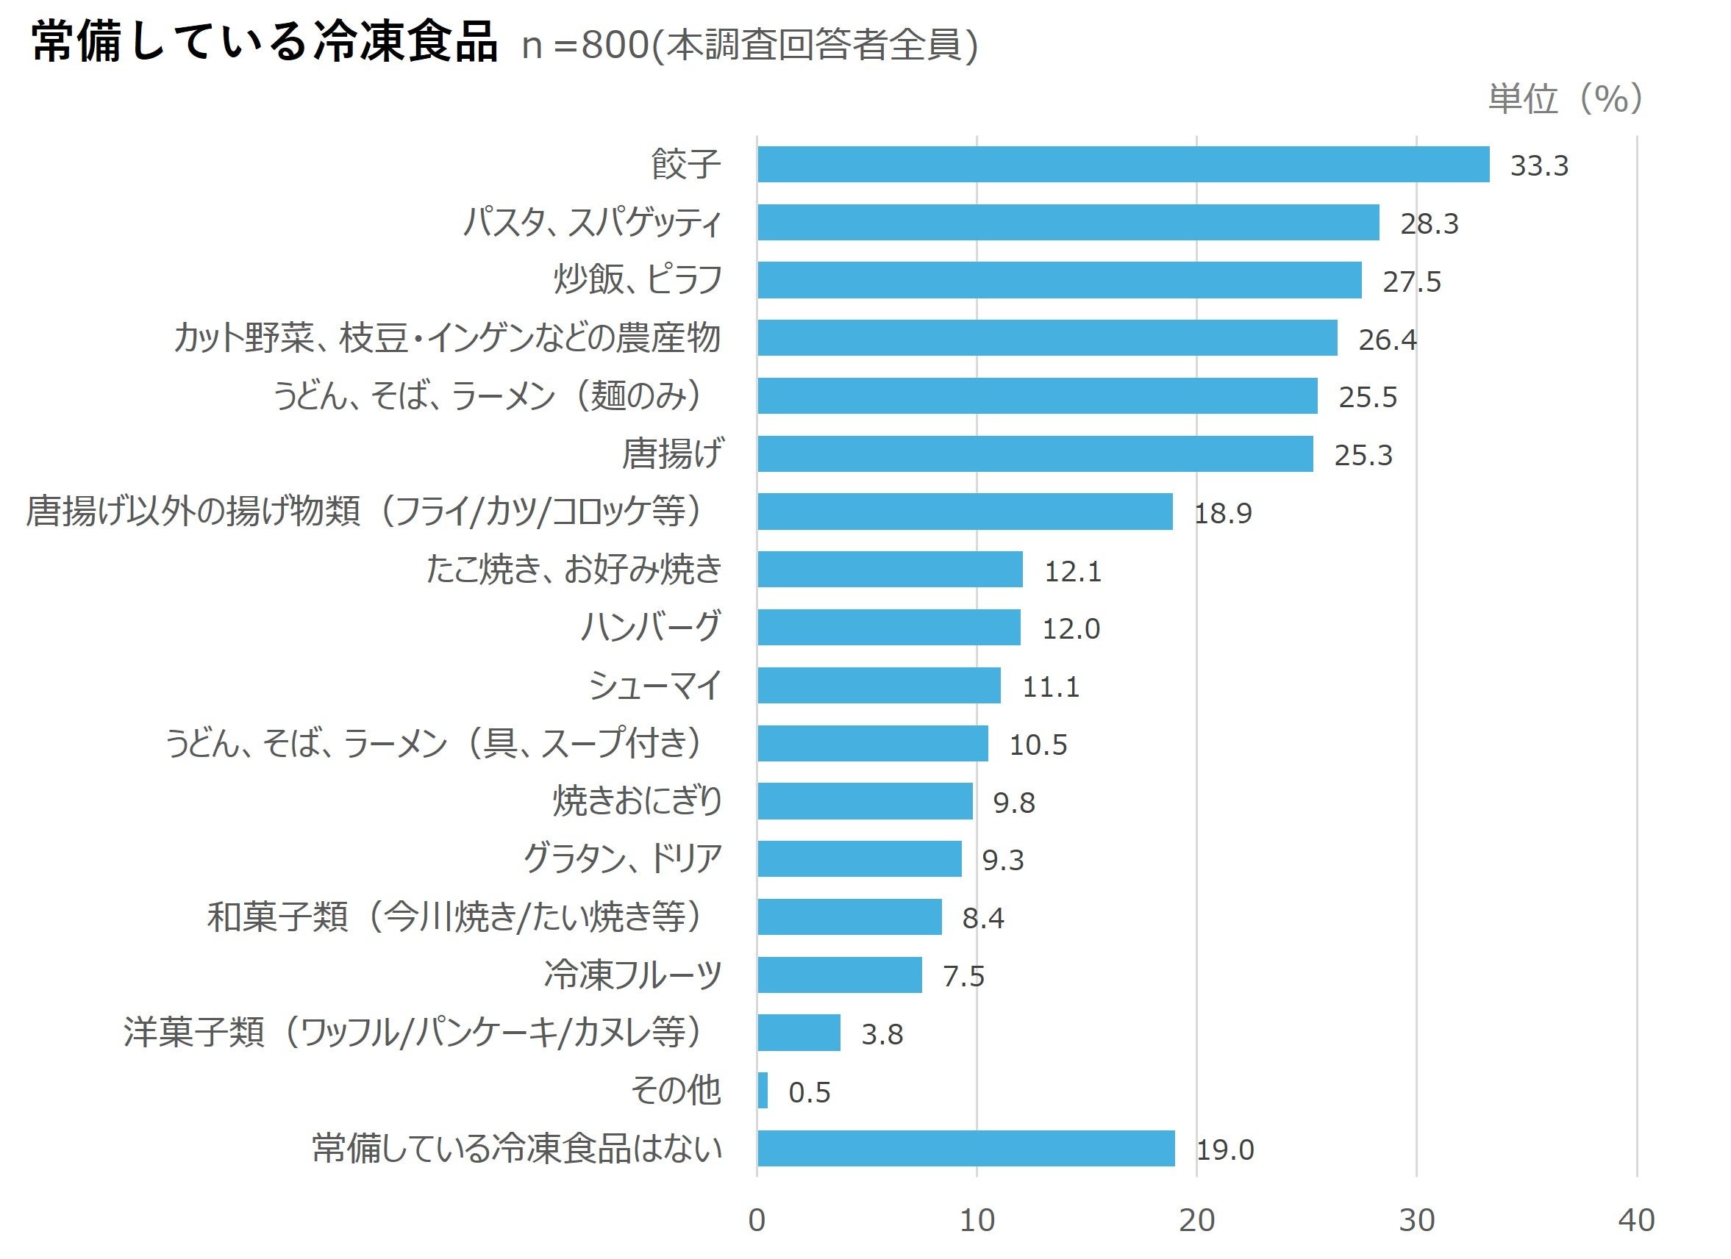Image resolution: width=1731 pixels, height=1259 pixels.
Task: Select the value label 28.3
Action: [x=1429, y=223]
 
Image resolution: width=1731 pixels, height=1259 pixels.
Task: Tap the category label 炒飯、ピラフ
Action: [x=638, y=279]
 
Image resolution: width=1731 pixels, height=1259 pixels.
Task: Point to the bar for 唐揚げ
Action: [x=1034, y=454]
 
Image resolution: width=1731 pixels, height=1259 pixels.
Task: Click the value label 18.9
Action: [x=1223, y=513]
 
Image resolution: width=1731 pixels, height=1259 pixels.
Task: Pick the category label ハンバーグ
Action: [x=650, y=626]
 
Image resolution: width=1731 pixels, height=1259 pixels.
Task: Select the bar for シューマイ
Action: [x=879, y=685]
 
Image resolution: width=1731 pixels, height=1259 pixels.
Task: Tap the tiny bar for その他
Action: [x=763, y=1091]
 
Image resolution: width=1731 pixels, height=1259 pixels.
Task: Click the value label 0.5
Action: [x=809, y=1092]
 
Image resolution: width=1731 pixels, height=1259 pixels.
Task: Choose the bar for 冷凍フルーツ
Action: [x=839, y=975]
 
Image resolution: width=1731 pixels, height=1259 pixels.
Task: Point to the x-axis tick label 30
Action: [x=1416, y=1220]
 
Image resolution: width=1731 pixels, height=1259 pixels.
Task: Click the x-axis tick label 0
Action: [x=757, y=1220]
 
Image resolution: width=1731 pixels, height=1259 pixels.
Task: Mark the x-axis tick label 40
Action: [x=1636, y=1220]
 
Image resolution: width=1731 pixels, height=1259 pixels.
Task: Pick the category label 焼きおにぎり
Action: [x=638, y=801]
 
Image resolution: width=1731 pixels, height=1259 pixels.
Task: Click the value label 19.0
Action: [x=1224, y=1150]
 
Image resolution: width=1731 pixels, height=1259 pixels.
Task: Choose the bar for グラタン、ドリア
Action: [x=859, y=859]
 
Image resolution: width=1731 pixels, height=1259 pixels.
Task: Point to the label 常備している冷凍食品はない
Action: [x=517, y=1148]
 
